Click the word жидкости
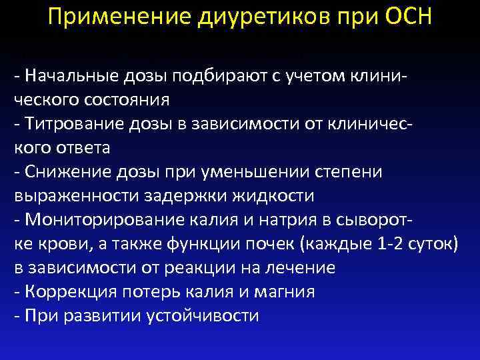click(277, 196)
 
